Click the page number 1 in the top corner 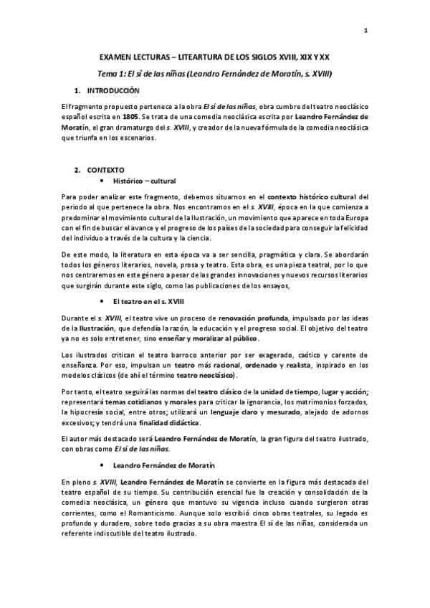366,30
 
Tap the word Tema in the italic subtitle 107,73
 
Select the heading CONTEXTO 105,170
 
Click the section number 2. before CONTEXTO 78,170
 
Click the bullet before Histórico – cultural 106,181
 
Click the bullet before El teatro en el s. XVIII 106,303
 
